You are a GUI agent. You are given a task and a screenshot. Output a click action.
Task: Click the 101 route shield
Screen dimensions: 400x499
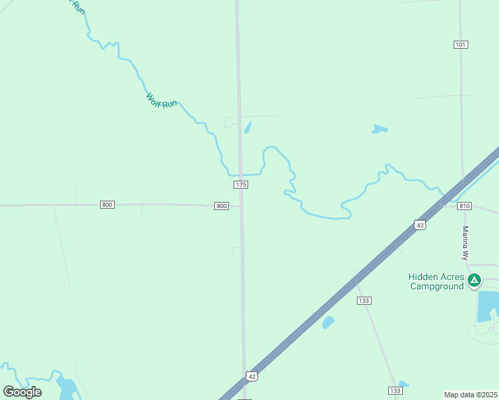[x=460, y=45]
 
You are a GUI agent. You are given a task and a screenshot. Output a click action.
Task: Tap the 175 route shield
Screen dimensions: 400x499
[x=241, y=184]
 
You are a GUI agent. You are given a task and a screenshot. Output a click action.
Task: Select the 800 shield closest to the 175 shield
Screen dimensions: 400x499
[x=221, y=206]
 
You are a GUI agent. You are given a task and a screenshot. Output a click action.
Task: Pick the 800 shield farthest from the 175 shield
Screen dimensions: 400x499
[x=107, y=204]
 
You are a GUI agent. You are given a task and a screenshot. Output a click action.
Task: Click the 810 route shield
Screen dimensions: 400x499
[x=465, y=206]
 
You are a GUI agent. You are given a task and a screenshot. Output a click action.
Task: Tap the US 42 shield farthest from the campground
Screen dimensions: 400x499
[x=251, y=377]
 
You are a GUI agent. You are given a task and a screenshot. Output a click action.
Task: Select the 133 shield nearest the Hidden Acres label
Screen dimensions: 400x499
[x=364, y=301]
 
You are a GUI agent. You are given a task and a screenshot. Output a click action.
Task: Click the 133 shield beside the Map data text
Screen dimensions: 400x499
[x=395, y=390]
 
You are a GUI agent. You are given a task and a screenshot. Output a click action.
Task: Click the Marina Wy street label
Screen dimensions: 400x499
[x=466, y=243]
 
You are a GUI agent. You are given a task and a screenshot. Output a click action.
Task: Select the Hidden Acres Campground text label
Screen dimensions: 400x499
[x=436, y=281]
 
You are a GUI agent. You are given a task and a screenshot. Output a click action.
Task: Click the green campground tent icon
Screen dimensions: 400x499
[x=474, y=280]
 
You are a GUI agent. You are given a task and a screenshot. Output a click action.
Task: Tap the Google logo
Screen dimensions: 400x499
[x=23, y=392]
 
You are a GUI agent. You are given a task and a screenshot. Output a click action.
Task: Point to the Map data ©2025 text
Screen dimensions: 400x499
[x=471, y=395]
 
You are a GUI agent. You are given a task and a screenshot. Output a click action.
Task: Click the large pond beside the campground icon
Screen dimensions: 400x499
[x=488, y=306]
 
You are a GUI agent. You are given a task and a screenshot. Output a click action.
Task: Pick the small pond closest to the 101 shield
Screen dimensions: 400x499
[x=380, y=129]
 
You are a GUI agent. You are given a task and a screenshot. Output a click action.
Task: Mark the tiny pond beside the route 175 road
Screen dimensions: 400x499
[x=247, y=127]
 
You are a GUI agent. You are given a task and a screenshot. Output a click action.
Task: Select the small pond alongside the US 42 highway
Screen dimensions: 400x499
[x=328, y=323]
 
